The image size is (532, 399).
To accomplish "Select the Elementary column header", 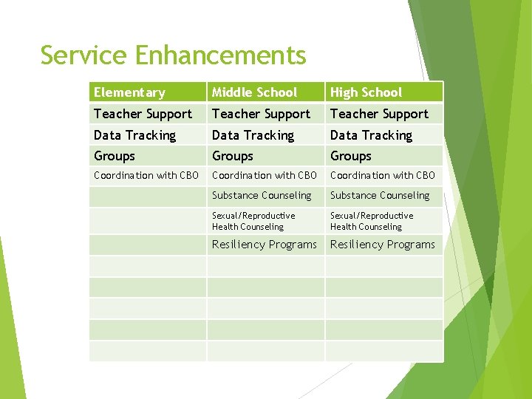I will (x=129, y=92).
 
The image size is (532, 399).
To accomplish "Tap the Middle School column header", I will (x=254, y=92).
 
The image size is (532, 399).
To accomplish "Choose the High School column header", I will (x=366, y=92).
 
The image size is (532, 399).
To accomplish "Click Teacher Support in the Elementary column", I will (x=143, y=114).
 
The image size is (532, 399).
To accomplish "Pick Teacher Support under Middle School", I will (x=261, y=114).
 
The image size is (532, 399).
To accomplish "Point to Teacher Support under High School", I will (x=379, y=114).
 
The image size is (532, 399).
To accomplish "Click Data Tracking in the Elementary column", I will (x=134, y=135).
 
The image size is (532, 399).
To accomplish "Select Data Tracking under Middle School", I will (x=253, y=135).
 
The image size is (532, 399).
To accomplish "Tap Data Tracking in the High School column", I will (x=371, y=135).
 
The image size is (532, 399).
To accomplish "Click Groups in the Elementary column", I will (x=115, y=156).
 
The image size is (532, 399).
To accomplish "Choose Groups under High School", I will (x=351, y=156).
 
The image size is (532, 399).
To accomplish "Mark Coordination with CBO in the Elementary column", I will (x=146, y=176).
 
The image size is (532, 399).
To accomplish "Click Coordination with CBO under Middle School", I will (x=264, y=176).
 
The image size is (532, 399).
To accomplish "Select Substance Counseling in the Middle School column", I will (x=262, y=196).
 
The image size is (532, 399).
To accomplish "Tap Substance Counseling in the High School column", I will (x=380, y=196).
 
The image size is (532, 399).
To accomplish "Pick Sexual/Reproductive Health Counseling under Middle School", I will (x=253, y=221).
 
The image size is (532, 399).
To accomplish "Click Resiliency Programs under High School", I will (x=383, y=245).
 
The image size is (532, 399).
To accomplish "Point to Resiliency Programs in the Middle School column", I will (x=265, y=245).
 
